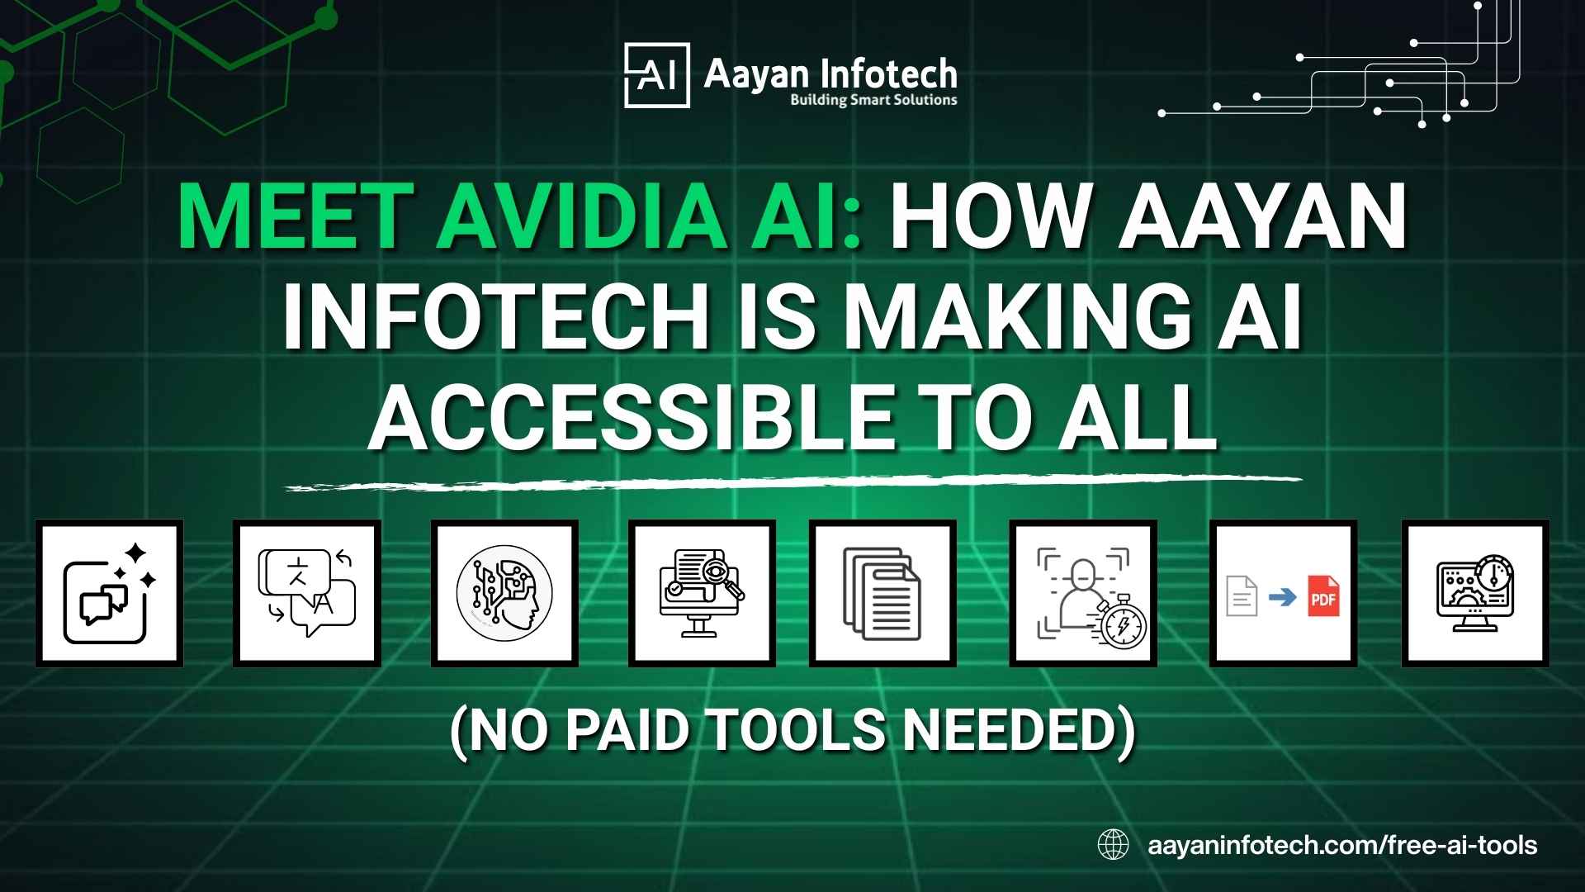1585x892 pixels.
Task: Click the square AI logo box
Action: click(x=656, y=76)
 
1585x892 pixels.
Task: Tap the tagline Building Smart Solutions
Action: click(x=873, y=100)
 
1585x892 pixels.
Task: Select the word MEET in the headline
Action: click(x=295, y=217)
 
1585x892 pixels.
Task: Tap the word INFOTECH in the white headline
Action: click(x=495, y=318)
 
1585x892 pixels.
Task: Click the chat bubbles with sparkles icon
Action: click(x=109, y=593)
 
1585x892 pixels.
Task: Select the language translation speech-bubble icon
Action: click(x=307, y=593)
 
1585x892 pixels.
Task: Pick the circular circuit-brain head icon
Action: click(x=504, y=593)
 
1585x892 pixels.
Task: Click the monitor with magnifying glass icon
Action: click(x=702, y=593)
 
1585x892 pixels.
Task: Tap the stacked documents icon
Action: click(x=882, y=593)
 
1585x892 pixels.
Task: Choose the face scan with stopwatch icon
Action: click(x=1083, y=593)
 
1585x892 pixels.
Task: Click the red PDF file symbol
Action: click(x=1323, y=596)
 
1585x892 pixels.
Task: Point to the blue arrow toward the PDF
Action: click(x=1282, y=596)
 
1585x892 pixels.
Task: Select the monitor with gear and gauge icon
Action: click(x=1475, y=593)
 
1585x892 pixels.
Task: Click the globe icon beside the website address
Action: click(x=1113, y=845)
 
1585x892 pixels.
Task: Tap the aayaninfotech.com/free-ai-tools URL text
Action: click(x=1342, y=845)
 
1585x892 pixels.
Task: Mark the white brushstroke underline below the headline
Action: click(x=792, y=482)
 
